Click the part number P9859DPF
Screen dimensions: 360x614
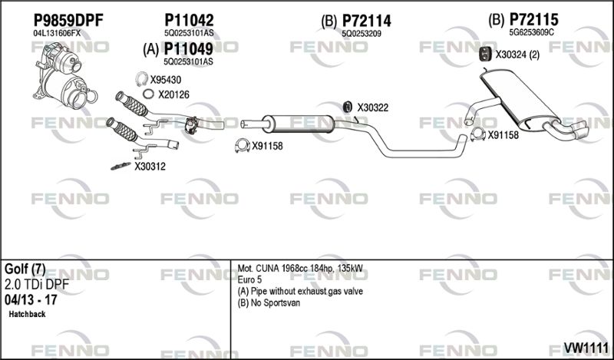pos(68,20)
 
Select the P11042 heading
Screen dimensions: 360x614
pos(188,20)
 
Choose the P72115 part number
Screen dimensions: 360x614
pos(533,19)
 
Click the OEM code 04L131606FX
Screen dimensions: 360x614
pos(56,34)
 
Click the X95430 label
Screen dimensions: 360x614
pos(166,79)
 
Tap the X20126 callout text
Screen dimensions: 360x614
pos(173,94)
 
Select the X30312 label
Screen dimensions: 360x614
pos(150,166)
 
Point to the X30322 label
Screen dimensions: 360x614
pos(372,107)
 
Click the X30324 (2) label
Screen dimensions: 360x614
pos(518,54)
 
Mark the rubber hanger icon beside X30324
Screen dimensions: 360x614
pos(485,54)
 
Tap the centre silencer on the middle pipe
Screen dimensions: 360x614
pos(295,122)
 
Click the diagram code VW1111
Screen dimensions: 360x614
pos(586,348)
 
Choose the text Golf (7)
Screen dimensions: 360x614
pos(26,269)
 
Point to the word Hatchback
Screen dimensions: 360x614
pos(28,315)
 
